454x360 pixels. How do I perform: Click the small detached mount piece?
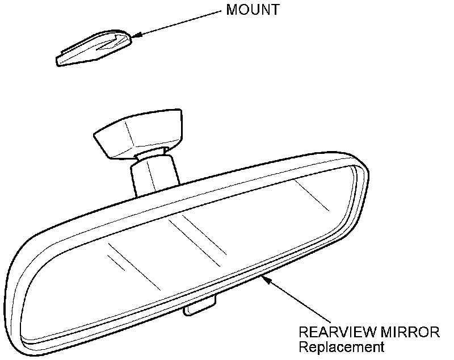click(x=94, y=50)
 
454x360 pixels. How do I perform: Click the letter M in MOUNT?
click(x=231, y=11)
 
